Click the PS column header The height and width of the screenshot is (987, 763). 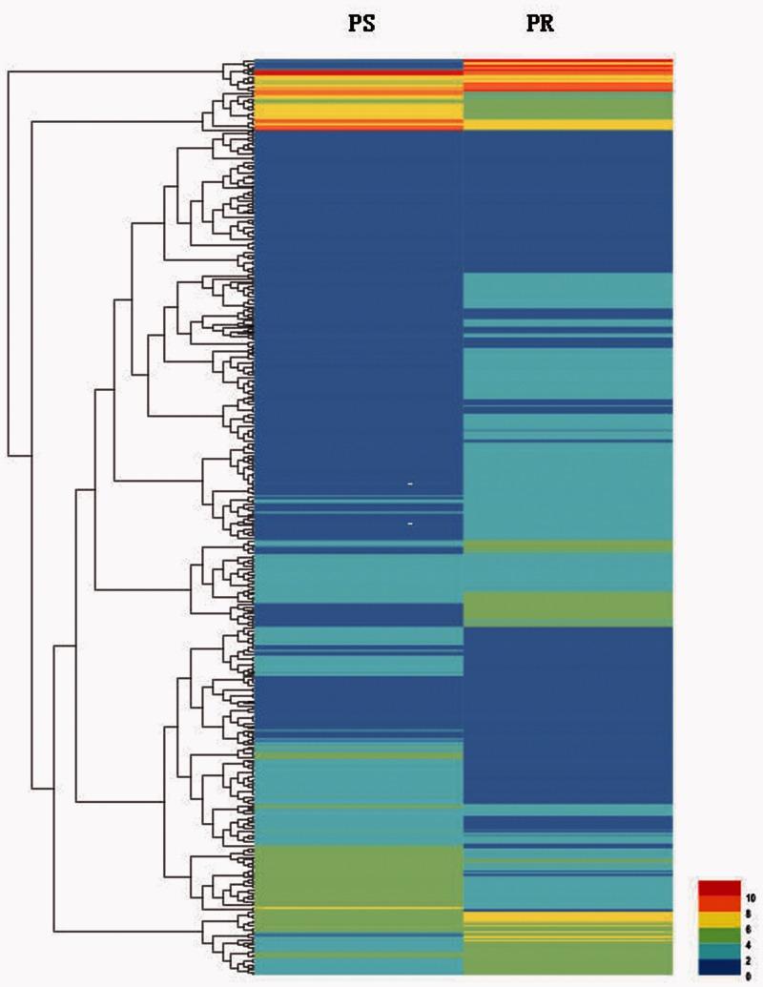361,25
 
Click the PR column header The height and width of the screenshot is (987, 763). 541,25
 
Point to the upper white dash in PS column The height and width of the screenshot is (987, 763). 410,484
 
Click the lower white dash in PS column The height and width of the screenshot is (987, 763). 410,524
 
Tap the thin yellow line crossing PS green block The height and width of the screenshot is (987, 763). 359,908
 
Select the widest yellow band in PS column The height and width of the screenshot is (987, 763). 359,112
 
